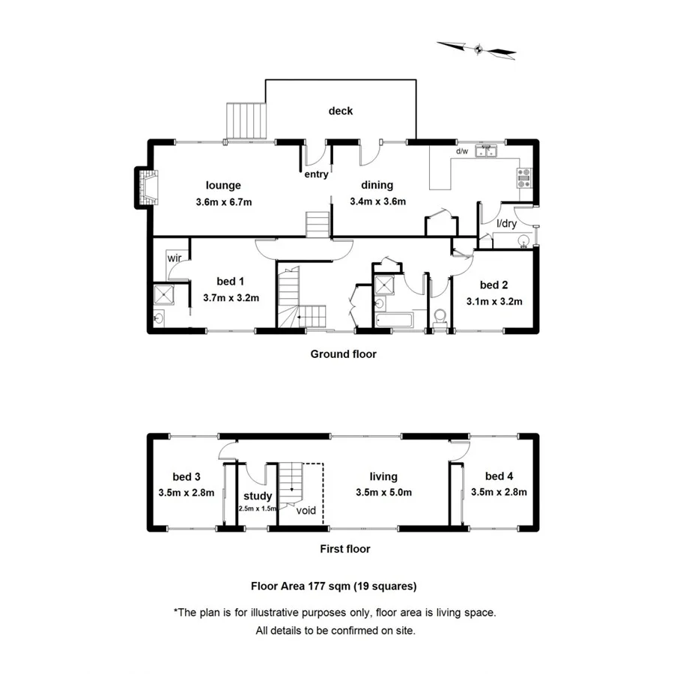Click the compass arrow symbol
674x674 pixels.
[x=477, y=49]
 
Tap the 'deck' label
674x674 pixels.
[x=341, y=111]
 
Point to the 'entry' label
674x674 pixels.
[x=316, y=175]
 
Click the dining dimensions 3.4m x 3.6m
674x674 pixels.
[x=377, y=201]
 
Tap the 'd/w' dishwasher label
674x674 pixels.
[x=462, y=151]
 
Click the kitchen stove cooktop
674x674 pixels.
[x=524, y=177]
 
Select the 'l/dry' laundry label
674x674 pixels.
[x=507, y=223]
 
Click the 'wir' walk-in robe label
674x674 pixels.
[x=174, y=258]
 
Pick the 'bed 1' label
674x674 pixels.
[x=231, y=282]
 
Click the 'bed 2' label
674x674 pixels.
[x=494, y=285]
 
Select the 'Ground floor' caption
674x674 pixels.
[x=344, y=353]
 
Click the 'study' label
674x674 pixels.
[x=258, y=496]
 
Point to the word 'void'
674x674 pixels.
[x=306, y=511]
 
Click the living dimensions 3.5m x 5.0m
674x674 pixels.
[x=383, y=492]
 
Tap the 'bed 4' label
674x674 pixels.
[x=499, y=476]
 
